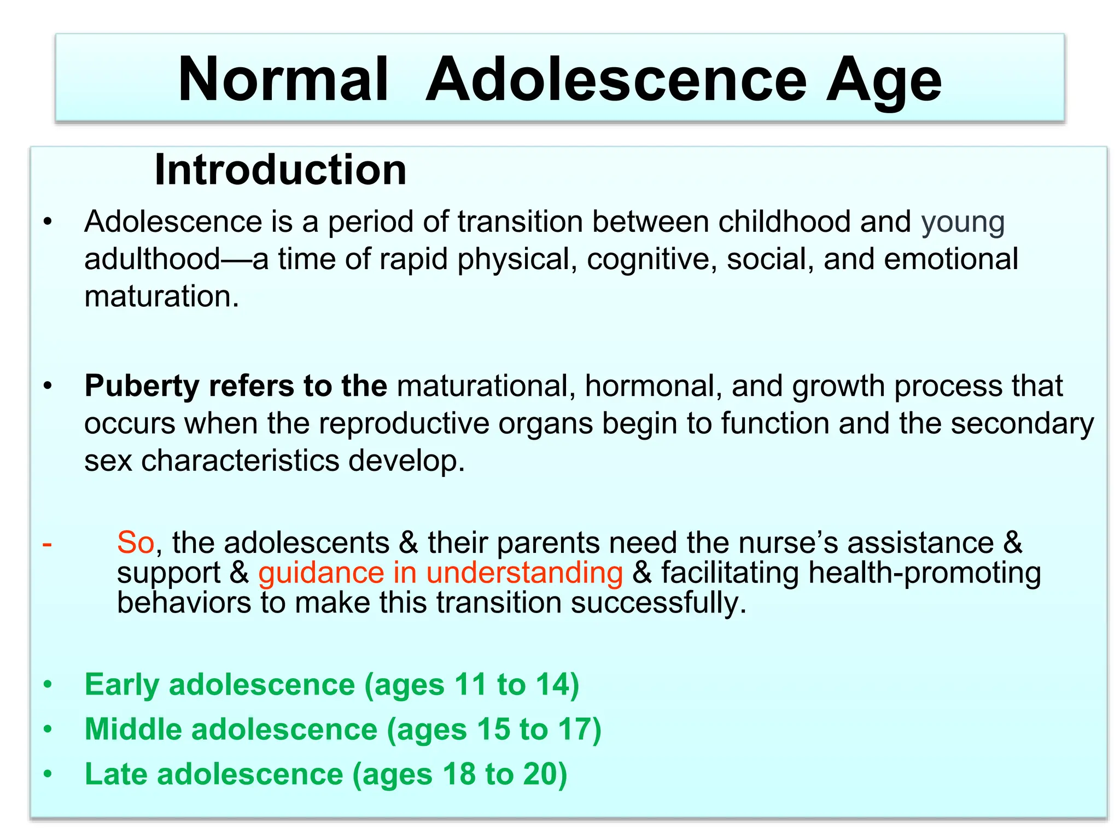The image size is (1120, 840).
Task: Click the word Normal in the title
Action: [x=283, y=80]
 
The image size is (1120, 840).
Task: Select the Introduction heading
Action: [x=280, y=170]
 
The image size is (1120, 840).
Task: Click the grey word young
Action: [x=962, y=223]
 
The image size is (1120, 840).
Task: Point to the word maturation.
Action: [x=161, y=296]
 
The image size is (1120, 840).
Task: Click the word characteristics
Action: [x=240, y=460]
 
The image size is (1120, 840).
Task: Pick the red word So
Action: [x=136, y=542]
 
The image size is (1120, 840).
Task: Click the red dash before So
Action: [x=48, y=544]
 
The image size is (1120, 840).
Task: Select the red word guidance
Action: [x=321, y=573]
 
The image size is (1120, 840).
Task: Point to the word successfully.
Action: [x=658, y=603]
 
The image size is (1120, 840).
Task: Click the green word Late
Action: [x=116, y=774]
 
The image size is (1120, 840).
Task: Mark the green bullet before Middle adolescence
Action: [x=48, y=730]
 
